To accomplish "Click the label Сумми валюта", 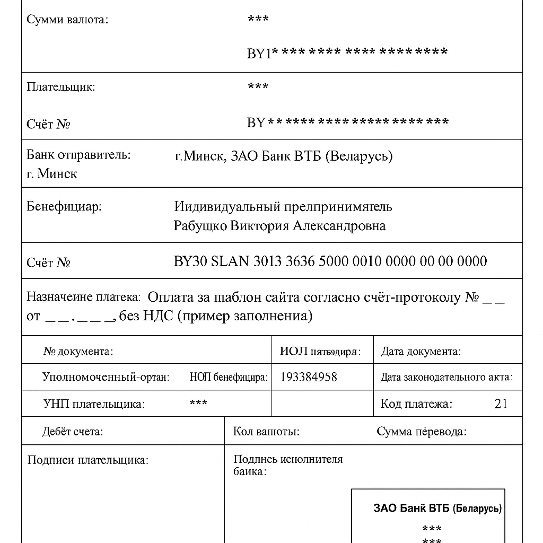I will (x=67, y=20).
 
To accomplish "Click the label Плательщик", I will (x=61, y=87).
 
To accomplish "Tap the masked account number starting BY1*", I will (x=347, y=52).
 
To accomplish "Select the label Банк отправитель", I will (x=78, y=155).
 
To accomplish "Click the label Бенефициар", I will (x=64, y=206).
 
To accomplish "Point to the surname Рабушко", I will (x=200, y=226).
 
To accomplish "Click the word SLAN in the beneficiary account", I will (x=231, y=261).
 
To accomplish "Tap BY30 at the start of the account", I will (x=190, y=261).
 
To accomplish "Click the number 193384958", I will (x=308, y=377).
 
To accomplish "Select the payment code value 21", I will (x=501, y=404).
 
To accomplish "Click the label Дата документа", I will (x=421, y=351).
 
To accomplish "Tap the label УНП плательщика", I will (x=93, y=404).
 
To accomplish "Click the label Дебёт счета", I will (x=73, y=432).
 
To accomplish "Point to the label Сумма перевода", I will (x=422, y=432).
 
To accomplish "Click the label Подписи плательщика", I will (x=87, y=460).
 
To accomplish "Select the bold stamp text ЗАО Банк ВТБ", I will (x=411, y=508).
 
